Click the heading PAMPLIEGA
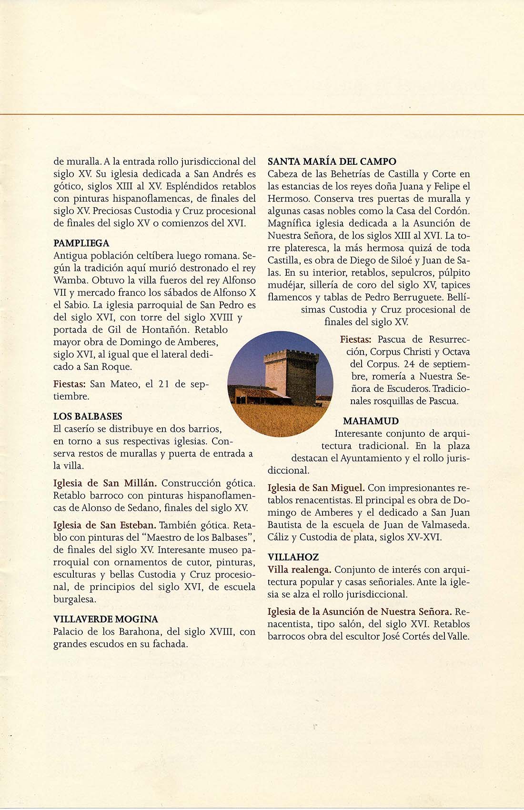[x=81, y=243]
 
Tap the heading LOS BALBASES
[x=88, y=416]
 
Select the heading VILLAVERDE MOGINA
[x=106, y=619]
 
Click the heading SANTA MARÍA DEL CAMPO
[x=332, y=161]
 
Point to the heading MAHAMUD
[x=371, y=421]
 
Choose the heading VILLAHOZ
[x=293, y=557]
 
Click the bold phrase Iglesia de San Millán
[x=105, y=483]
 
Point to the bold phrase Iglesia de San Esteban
[x=104, y=525]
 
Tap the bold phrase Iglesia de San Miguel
[x=316, y=488]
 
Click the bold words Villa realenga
[x=299, y=570]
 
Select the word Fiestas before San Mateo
[x=70, y=384]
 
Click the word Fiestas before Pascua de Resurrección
[x=356, y=340]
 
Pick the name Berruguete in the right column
[x=419, y=298]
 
